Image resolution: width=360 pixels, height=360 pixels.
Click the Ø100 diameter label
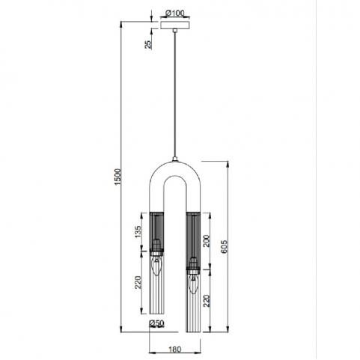[x=174, y=13]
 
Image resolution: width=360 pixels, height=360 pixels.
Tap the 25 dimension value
[x=148, y=44]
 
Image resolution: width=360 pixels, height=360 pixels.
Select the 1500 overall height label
[x=118, y=177]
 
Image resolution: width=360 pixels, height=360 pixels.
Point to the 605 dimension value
[x=225, y=247]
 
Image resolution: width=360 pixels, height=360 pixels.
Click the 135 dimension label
[x=138, y=232]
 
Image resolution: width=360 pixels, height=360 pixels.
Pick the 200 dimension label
[x=207, y=241]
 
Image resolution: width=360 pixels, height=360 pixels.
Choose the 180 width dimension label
[x=175, y=350]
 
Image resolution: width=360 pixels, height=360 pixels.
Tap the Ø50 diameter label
[x=156, y=323]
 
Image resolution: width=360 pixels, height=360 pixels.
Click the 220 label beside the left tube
[x=138, y=282]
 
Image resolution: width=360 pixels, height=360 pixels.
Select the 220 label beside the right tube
[x=207, y=301]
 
